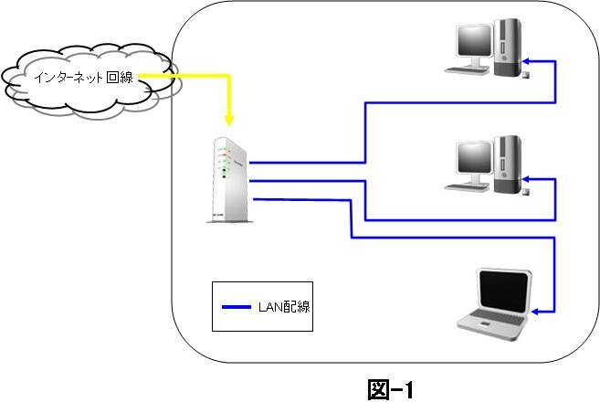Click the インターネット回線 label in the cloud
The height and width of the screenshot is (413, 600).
pyautogui.click(x=83, y=78)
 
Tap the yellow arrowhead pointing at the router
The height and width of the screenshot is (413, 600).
pyautogui.click(x=229, y=121)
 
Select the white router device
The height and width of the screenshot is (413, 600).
pyautogui.click(x=228, y=179)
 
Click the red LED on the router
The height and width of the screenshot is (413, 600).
pyautogui.click(x=225, y=155)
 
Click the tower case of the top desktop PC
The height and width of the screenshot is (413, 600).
pyautogui.click(x=508, y=48)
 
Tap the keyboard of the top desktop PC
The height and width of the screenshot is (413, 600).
pyautogui.click(x=467, y=70)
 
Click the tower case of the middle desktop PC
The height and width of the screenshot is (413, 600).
pyautogui.click(x=508, y=164)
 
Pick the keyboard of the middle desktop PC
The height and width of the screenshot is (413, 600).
pyautogui.click(x=467, y=187)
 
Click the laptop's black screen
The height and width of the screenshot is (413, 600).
pyautogui.click(x=503, y=291)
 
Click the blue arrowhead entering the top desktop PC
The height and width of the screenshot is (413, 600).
pyautogui.click(x=527, y=61)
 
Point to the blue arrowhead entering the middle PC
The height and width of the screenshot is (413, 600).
pyautogui.click(x=527, y=179)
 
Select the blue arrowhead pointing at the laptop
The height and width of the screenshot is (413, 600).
pyautogui.click(x=535, y=312)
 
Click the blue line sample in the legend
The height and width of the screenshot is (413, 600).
pyautogui.click(x=237, y=307)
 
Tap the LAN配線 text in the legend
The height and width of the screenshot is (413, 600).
pyautogui.click(x=284, y=307)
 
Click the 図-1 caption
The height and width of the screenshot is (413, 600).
pyautogui.click(x=391, y=390)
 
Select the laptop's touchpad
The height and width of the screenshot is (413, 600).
pyautogui.click(x=485, y=324)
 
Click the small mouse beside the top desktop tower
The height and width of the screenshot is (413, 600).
pyautogui.click(x=526, y=74)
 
